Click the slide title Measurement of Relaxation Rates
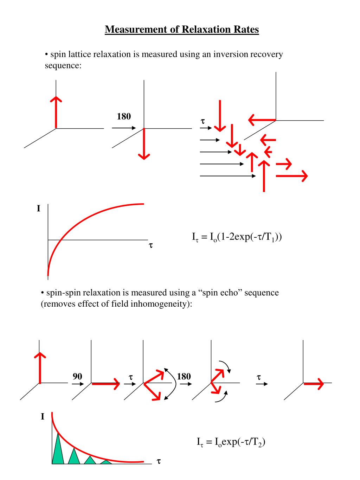pos(182,29)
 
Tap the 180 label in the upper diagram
pos(124,116)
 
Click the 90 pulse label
pos(77,377)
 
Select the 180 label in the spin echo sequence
pos(184,377)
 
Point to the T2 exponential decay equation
pos(231,442)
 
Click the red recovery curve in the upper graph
pos(88,216)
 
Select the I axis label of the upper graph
pos(39,209)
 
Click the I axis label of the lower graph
pos(43,417)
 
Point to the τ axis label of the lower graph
pos(159,461)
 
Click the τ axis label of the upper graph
pos(150,245)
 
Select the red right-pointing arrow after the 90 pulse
pos(105,384)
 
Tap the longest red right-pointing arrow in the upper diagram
pos(292,175)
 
